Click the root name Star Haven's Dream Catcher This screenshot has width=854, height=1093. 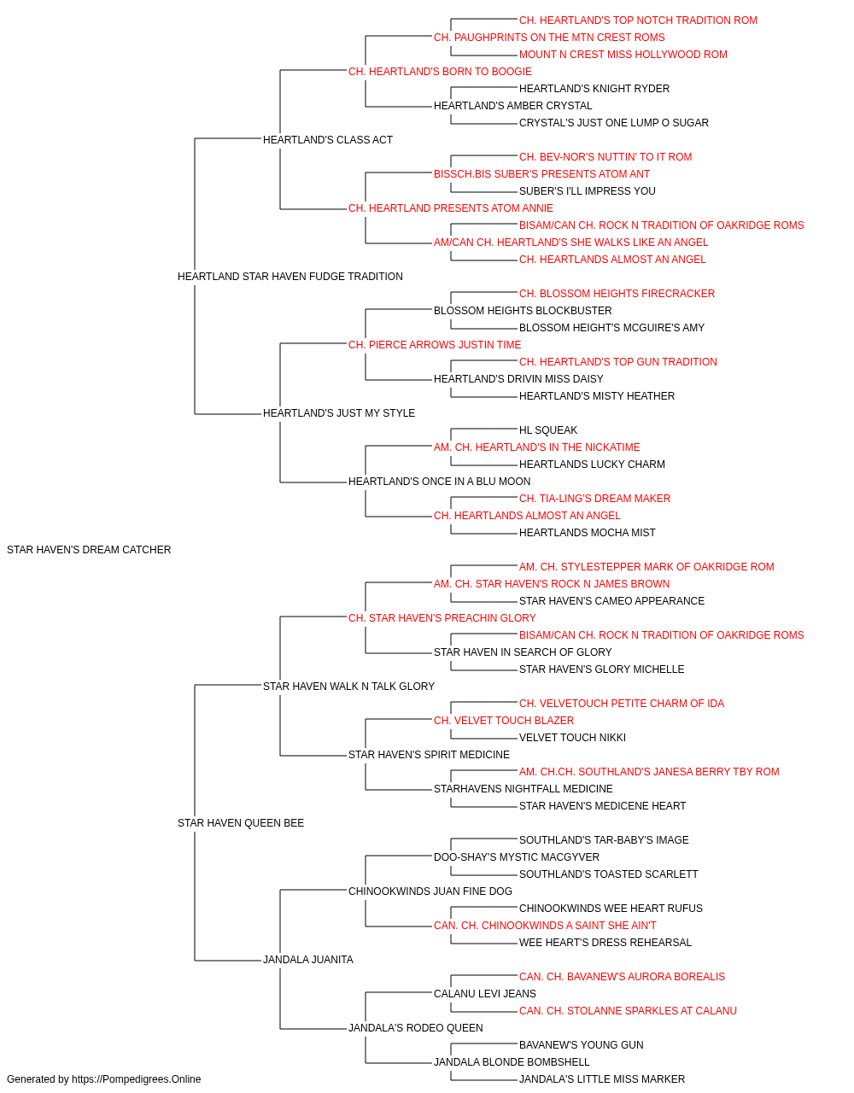point(89,549)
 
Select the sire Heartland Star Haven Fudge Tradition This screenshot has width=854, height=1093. point(290,276)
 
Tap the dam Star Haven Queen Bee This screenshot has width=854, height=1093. point(241,823)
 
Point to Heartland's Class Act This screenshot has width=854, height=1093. point(327,140)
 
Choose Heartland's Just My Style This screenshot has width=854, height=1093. point(338,413)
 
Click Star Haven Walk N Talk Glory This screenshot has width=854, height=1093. point(348,686)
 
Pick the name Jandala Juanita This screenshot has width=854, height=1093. point(307,959)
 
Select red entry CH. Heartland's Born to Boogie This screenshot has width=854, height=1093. point(440,72)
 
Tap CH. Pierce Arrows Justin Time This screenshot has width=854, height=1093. point(435,344)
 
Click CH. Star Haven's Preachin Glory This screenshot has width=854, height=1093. point(442,617)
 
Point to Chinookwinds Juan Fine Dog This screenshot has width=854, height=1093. point(430,891)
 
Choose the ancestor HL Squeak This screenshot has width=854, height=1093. point(547,430)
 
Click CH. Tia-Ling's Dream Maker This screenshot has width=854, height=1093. point(594,499)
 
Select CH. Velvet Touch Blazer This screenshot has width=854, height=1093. point(504,721)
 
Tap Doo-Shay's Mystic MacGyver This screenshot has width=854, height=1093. point(516,856)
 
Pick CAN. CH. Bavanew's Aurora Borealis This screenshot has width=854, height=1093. point(622,976)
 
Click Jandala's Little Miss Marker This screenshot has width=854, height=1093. point(601,1079)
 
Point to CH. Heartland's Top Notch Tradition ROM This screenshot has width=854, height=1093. point(638,20)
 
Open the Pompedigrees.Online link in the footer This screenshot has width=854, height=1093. point(136,1079)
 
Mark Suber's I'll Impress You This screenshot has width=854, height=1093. point(587,191)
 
